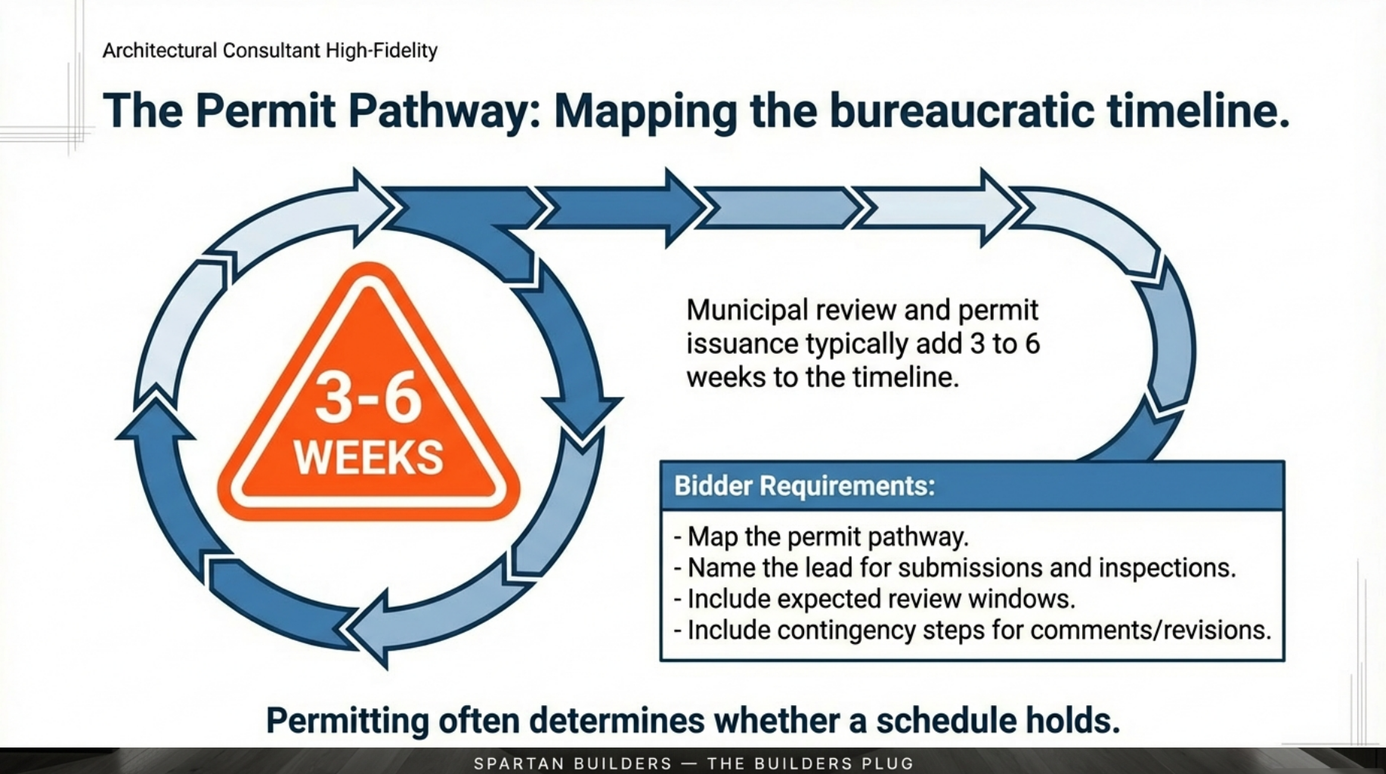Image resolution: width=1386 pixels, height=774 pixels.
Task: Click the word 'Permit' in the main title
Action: point(265,111)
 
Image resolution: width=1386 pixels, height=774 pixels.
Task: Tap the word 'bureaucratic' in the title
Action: point(961,111)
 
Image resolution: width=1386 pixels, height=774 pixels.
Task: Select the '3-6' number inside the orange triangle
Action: point(368,398)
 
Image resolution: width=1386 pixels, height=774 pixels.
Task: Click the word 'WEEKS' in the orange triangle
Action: point(368,458)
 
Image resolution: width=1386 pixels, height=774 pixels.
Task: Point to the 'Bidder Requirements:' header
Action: point(804,485)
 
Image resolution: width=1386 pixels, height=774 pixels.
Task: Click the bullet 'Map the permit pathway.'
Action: point(827,537)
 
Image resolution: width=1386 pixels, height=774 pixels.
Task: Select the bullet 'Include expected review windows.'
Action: point(880,599)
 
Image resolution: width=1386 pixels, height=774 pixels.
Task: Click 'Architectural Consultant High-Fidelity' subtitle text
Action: point(270,51)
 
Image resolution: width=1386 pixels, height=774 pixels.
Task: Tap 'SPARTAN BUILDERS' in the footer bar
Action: point(573,763)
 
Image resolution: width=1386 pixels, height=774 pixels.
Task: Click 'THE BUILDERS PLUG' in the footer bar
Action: point(810,763)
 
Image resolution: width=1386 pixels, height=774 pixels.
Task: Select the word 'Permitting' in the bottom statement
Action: point(347,720)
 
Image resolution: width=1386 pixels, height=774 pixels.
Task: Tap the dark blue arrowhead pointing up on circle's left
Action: point(154,423)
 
